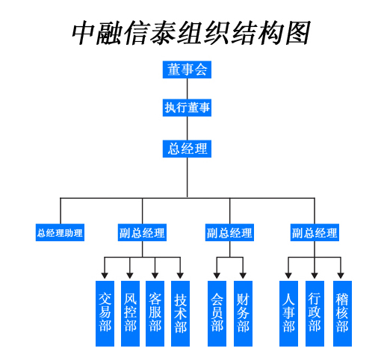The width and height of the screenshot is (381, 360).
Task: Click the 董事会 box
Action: [x=187, y=69]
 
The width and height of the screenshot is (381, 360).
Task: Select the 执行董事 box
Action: [x=187, y=108]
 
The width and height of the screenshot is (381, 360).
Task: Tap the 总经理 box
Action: [x=187, y=149]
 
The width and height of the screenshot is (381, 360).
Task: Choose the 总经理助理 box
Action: [x=60, y=232]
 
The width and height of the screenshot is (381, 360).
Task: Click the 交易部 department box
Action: [x=105, y=314]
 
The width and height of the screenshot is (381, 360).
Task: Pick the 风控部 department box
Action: [x=130, y=314]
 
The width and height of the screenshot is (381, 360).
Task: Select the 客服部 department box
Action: [x=155, y=314]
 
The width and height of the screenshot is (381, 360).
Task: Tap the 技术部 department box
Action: [x=180, y=314]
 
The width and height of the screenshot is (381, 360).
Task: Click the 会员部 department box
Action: [x=217, y=314]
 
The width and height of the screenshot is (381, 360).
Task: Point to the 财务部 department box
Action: [x=243, y=314]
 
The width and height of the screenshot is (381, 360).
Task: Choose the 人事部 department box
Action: [x=288, y=314]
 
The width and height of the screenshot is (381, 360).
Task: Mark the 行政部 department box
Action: [x=315, y=314]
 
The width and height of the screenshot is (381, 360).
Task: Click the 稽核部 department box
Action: [x=342, y=314]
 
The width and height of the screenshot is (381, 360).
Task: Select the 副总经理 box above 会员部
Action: [x=229, y=232]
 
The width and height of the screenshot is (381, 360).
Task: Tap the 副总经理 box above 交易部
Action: [x=142, y=232]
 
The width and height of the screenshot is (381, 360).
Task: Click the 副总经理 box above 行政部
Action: [x=315, y=232]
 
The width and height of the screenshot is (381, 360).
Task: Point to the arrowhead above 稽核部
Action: [x=341, y=276]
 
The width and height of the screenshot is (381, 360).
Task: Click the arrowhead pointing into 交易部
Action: [x=105, y=276]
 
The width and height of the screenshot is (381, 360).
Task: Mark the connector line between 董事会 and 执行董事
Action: [x=188, y=89]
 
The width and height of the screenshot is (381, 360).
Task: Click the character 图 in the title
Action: [x=297, y=33]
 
